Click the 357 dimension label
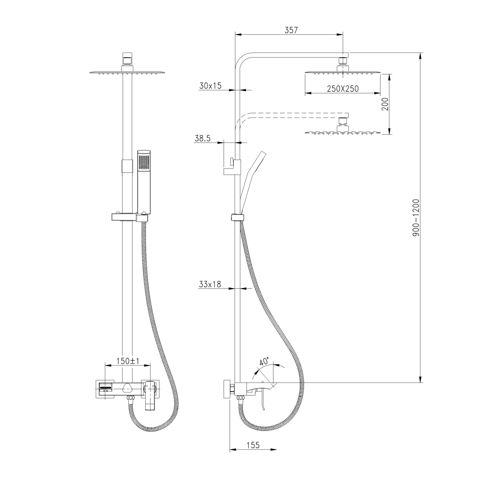coord(291,30)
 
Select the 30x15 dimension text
coord(210,86)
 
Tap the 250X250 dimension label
coord(342,89)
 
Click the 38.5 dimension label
coord(203,139)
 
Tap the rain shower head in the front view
coord(127,73)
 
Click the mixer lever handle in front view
coord(150,394)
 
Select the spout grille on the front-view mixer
coord(105,388)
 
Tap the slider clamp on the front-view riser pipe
coord(126,166)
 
